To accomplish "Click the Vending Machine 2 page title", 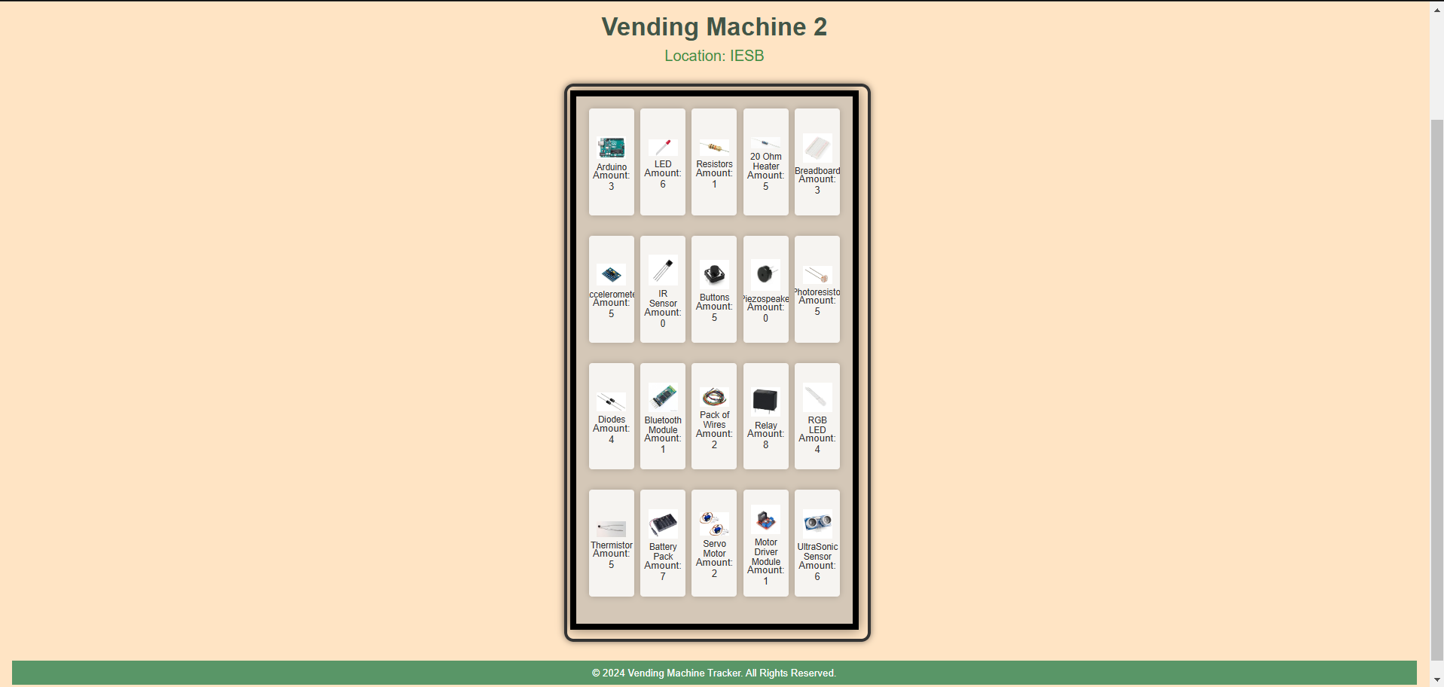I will click(x=714, y=27).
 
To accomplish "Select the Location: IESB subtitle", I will click(x=714, y=56).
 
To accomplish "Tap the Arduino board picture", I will click(x=611, y=148).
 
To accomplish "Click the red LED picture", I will click(x=663, y=147).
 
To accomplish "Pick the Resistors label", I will click(x=714, y=164).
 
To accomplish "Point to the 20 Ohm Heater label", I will click(x=765, y=161).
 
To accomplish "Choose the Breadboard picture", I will click(x=817, y=148).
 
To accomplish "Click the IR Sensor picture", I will click(x=663, y=270).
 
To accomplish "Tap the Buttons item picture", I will click(x=714, y=275).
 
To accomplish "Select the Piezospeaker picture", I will click(x=765, y=274).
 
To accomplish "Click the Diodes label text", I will click(x=611, y=420).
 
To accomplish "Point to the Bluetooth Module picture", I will click(x=663, y=396).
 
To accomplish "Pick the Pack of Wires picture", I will click(x=714, y=397).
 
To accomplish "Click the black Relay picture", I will click(x=765, y=401).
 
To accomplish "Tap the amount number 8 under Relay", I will click(x=765, y=445).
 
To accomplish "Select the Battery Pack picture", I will click(x=663, y=523).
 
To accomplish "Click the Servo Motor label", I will click(x=714, y=548).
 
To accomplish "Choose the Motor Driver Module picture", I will click(x=765, y=520).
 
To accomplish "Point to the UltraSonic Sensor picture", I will click(x=817, y=522).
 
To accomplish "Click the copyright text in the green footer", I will click(x=713, y=673).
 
